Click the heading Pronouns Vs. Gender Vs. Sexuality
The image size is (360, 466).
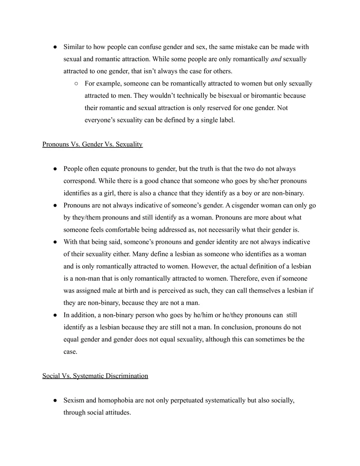92,144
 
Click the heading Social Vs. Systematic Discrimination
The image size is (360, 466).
95,376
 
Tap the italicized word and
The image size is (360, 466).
276,59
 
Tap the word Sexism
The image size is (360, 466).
74,400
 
